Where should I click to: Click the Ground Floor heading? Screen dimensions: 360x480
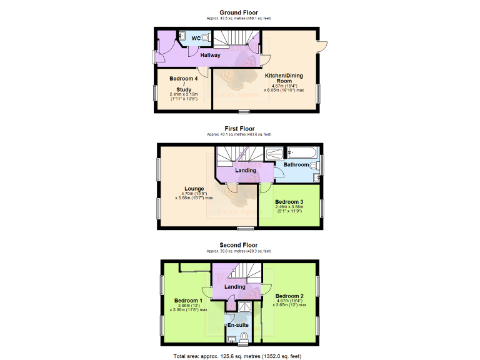point(238,12)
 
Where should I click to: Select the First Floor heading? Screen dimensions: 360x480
point(239,129)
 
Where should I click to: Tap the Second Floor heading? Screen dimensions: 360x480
point(238,245)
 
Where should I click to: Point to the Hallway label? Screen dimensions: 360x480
point(210,55)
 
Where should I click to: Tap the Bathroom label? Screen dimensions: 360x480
point(297,164)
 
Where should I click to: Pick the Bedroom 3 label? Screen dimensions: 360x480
point(289,202)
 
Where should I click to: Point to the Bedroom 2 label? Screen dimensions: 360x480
point(289,296)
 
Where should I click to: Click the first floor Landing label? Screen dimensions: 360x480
point(246,170)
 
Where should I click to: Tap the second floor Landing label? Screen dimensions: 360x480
point(235,287)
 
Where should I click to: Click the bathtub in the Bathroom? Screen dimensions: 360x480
point(303,152)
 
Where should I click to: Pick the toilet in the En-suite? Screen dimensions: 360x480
point(244,337)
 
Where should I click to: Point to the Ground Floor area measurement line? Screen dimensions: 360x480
point(239,18)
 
